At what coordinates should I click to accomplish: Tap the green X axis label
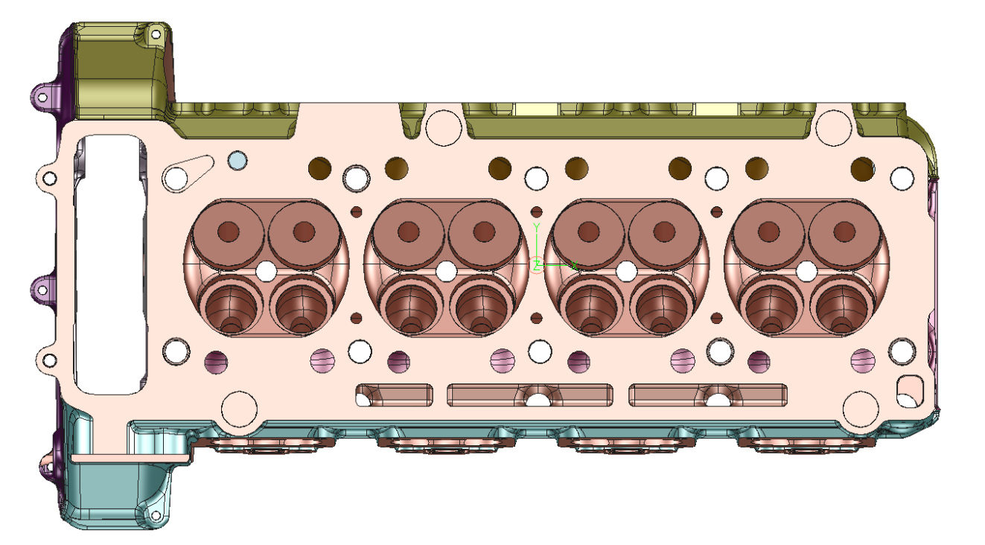click(x=574, y=265)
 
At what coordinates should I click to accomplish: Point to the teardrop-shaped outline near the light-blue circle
click(x=188, y=173)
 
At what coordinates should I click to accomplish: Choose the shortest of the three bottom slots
click(x=394, y=395)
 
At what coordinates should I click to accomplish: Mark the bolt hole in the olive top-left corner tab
click(x=156, y=33)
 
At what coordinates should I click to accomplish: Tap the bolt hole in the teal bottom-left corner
click(x=156, y=516)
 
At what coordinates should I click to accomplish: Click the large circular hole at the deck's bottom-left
click(x=239, y=407)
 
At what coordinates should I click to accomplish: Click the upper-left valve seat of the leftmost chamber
click(x=228, y=232)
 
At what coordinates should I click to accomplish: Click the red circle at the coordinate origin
click(x=537, y=265)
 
